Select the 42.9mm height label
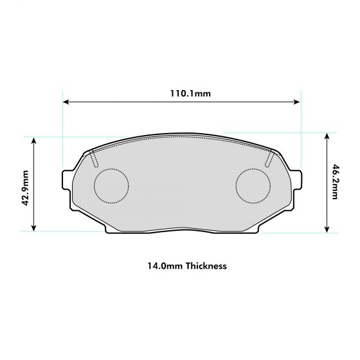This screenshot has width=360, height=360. [24, 187]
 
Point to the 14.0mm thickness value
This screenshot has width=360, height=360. [161, 265]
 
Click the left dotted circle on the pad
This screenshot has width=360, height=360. [111, 186]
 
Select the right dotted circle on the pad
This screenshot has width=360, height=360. [253, 186]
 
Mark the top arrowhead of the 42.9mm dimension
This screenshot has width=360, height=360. [34, 139]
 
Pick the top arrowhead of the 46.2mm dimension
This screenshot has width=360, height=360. [327, 136]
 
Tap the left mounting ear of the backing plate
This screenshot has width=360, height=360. [67, 181]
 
